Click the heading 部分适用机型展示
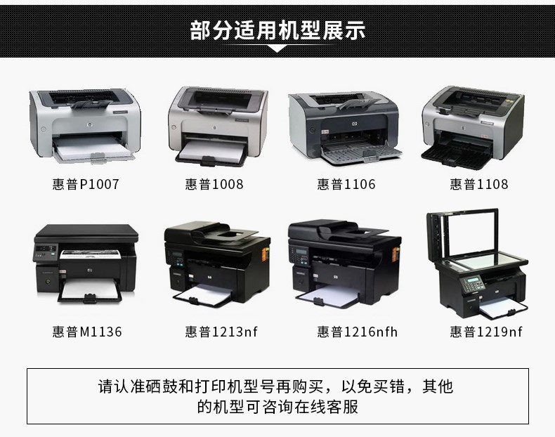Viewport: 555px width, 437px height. [277, 30]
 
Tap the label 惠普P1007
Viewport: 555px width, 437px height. [86, 184]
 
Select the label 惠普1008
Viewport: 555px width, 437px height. [214, 184]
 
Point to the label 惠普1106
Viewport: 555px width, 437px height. [346, 184]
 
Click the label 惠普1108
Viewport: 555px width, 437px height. [479, 184]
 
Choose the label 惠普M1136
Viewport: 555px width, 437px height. [87, 332]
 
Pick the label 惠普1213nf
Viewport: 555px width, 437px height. [221, 332]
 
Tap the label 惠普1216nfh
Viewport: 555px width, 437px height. [357, 332]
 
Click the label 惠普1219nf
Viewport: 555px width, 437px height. [486, 332]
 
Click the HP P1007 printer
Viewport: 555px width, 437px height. [85, 126]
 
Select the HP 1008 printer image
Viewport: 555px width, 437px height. [218, 126]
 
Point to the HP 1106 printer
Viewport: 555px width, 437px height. [345, 127]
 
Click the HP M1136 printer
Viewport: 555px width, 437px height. [86, 263]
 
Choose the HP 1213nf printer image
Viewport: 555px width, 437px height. [217, 263]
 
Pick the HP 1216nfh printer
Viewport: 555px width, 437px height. [344, 263]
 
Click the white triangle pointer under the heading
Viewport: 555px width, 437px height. [277, 49]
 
